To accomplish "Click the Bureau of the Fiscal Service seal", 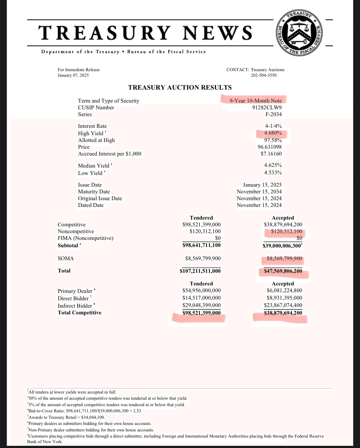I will click(x=299, y=33).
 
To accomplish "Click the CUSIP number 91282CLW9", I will click(x=267, y=107).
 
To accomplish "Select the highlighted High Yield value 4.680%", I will click(x=273, y=133).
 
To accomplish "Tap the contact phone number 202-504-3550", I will click(x=263, y=75).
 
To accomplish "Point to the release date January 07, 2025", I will click(x=73, y=75).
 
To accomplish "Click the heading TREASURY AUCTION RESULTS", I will click(x=180, y=87).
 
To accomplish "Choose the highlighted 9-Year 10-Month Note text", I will click(x=255, y=101).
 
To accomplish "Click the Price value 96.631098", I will click(x=270, y=147).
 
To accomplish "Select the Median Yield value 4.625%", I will click(x=273, y=165).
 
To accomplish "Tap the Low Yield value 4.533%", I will click(x=273, y=173).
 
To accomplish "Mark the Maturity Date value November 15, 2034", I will click(x=259, y=192).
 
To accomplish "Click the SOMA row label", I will click(x=66, y=258).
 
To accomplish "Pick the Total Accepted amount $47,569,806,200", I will click(x=283, y=271).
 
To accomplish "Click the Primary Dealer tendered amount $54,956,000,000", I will click(x=202, y=290).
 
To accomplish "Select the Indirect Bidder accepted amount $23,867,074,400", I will click(x=283, y=305).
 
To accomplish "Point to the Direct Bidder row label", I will click(x=73, y=298).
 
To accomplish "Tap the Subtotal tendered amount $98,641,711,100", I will click(x=202, y=245).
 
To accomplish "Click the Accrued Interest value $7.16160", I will click(x=271, y=154).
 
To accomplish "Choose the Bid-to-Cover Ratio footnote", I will click(x=85, y=411).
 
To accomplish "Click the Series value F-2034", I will click(x=274, y=114).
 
